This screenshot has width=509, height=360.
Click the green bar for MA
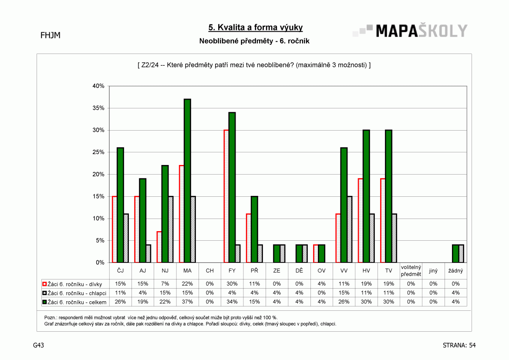click(187, 181)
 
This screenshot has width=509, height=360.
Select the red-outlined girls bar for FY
click(226, 196)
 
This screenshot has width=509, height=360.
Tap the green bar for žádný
click(455, 253)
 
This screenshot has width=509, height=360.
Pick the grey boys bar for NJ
click(171, 229)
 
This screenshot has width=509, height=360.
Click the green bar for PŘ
click(254, 229)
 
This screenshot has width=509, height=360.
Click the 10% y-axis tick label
click(98, 219)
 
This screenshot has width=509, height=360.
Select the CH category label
click(210, 270)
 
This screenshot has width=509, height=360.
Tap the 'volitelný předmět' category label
click(411, 270)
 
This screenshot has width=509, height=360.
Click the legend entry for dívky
click(72, 284)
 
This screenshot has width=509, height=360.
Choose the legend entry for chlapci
click(74, 293)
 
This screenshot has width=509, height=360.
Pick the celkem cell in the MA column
click(187, 302)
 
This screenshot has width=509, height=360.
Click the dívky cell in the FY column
click(232, 284)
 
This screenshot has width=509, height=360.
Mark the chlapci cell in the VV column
click(344, 293)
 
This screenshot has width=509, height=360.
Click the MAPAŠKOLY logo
click(410, 31)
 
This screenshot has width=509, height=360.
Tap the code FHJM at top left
click(51, 35)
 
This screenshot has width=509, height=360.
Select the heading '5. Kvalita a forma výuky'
click(256, 27)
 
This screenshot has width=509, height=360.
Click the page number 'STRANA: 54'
click(459, 345)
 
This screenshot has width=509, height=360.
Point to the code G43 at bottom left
click(39, 345)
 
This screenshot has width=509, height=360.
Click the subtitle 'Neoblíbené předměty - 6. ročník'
click(254, 41)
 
